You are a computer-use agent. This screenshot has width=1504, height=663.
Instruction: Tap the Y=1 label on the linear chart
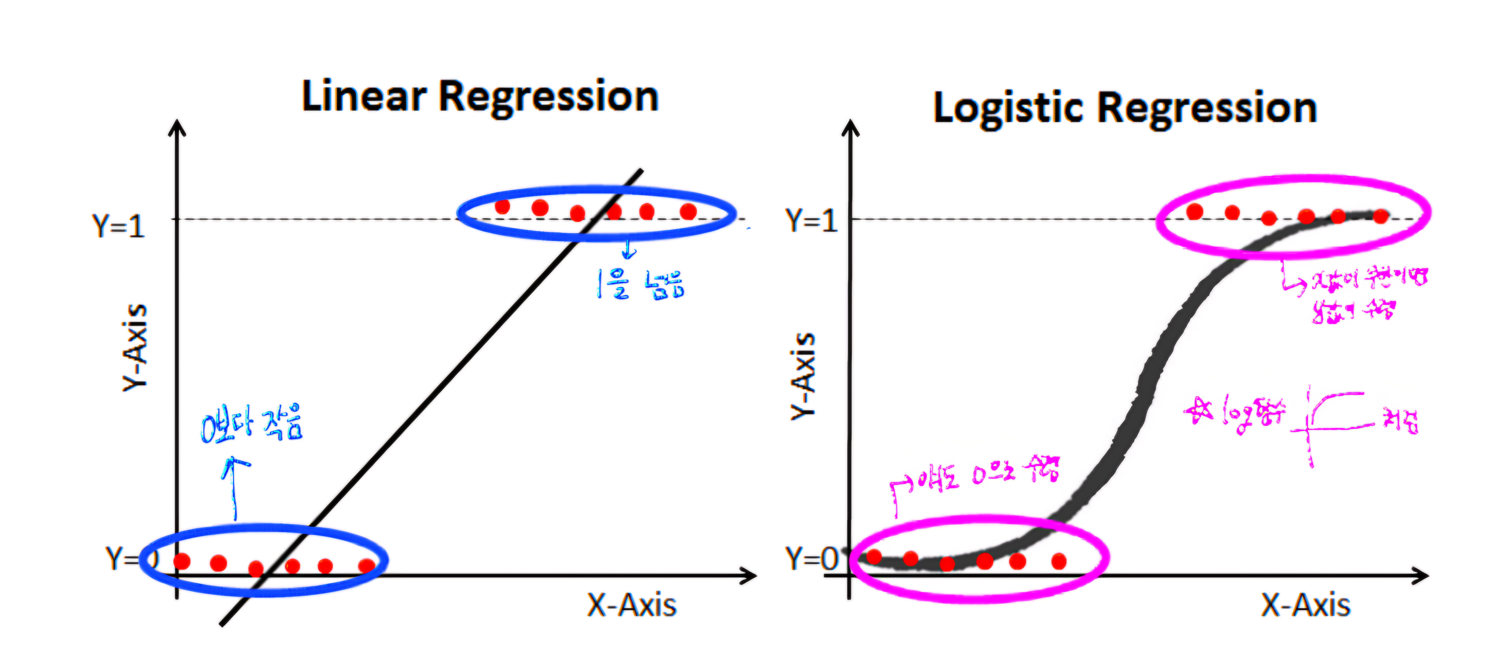pyautogui.click(x=118, y=226)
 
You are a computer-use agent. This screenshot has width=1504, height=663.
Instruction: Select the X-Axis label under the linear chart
pyautogui.click(x=632, y=605)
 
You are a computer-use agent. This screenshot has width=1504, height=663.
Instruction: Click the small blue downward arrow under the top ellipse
pyautogui.click(x=628, y=250)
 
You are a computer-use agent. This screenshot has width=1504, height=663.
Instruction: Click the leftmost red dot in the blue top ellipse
pyautogui.click(x=502, y=206)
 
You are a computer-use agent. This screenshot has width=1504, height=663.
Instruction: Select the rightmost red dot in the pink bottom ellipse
pyautogui.click(x=1059, y=561)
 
